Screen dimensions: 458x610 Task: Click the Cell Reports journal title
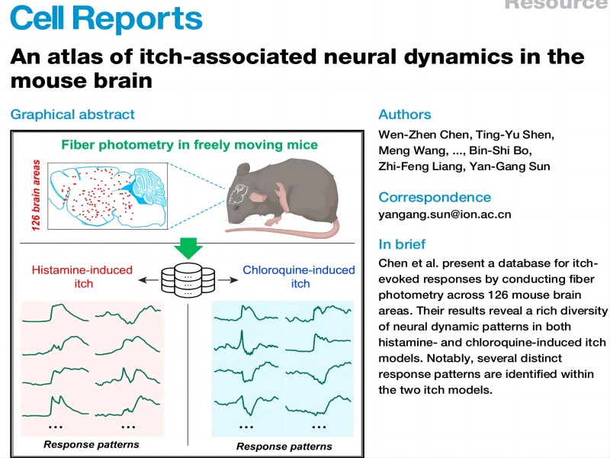107,18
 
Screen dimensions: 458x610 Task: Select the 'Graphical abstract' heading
72,114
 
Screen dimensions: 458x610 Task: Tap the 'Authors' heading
405,114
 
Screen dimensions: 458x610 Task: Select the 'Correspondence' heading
435,197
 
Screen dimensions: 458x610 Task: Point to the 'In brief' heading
402,245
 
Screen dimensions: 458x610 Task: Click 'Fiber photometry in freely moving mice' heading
190,144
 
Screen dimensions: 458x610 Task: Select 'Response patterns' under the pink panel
91,444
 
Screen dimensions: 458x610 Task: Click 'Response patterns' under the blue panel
284,447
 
